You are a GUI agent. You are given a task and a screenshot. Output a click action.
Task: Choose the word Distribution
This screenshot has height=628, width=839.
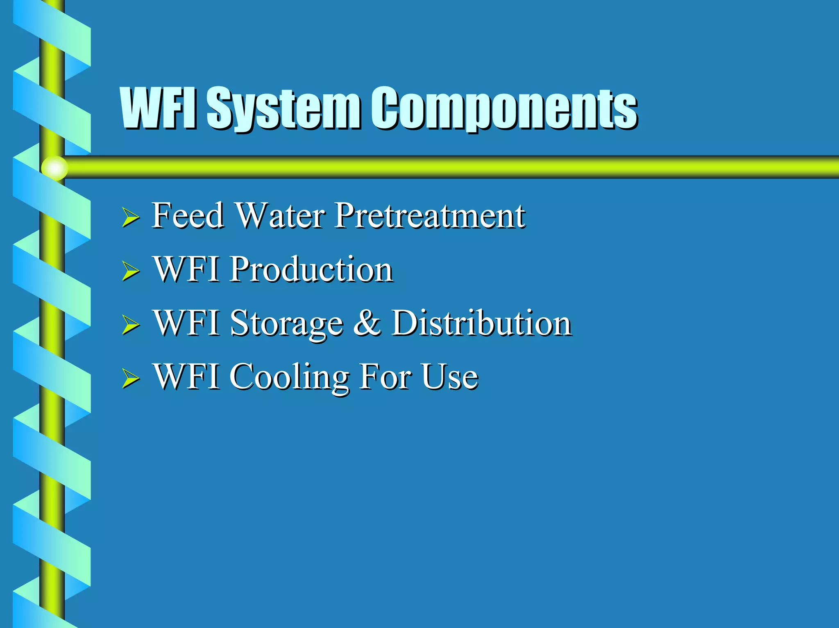tap(481, 323)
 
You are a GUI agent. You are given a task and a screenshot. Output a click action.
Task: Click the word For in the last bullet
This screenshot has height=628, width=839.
tap(385, 377)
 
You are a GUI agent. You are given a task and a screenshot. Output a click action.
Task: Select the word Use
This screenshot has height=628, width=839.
tap(449, 377)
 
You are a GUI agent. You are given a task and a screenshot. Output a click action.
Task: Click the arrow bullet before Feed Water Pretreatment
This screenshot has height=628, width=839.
tap(130, 217)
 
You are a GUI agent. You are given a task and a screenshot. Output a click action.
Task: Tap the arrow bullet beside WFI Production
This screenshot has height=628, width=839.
tap(130, 271)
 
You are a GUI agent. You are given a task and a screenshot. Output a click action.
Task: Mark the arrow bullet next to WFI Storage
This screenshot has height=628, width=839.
tap(130, 325)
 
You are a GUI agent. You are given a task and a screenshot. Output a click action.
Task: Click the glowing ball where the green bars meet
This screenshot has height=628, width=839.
tap(54, 168)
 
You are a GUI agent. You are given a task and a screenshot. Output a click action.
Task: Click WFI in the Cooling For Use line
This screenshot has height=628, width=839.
tap(186, 377)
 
